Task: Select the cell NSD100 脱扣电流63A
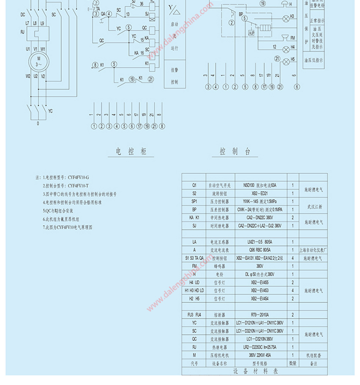point(261,185)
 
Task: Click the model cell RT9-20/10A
point(261,315)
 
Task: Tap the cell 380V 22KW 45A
point(261,354)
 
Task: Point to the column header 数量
point(293,363)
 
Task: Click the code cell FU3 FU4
point(194,315)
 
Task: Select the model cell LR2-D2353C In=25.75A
point(261,346)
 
